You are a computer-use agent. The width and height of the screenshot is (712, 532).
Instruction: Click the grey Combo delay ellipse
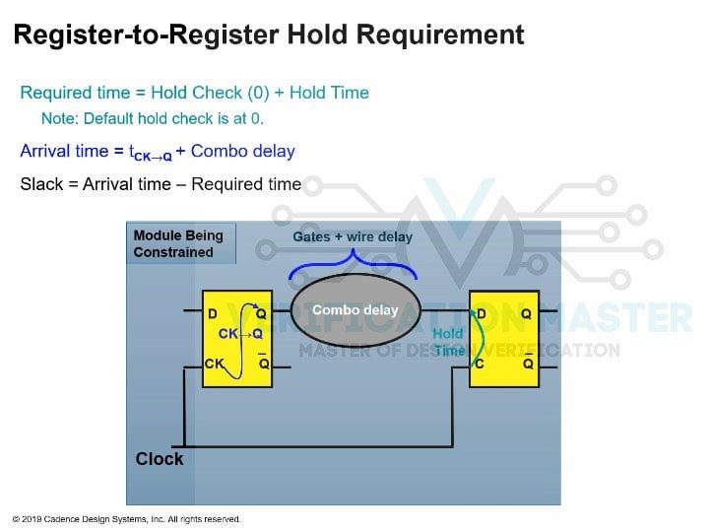[356, 310]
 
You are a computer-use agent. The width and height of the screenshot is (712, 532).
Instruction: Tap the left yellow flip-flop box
[236, 338]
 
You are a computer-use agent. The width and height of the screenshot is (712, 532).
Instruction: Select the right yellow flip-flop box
[504, 338]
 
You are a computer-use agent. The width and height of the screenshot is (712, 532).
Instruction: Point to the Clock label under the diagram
[160, 459]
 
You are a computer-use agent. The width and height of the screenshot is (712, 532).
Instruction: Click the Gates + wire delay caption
[353, 237]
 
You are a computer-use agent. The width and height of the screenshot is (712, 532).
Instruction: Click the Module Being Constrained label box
[180, 244]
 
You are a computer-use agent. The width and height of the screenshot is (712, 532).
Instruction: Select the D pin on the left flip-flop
[213, 314]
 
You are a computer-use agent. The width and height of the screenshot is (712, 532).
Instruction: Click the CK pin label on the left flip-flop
[216, 364]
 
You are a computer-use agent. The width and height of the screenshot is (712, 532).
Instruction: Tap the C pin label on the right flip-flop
[481, 364]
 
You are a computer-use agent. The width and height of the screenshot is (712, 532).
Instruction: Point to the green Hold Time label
[448, 342]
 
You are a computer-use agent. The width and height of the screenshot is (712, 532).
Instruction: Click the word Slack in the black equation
[41, 184]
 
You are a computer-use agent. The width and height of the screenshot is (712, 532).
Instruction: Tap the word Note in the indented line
[57, 119]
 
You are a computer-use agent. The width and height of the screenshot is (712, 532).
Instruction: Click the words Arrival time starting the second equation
[62, 152]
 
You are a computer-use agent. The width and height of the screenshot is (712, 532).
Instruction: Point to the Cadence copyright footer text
[126, 519]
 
